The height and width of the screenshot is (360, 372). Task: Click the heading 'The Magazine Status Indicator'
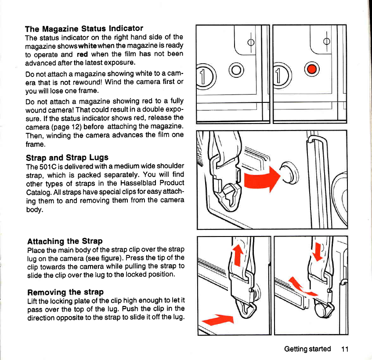(84, 29)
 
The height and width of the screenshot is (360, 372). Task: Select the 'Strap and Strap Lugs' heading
(67, 158)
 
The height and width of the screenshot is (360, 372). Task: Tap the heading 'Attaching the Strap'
(65, 241)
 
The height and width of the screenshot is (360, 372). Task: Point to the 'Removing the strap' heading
(65, 292)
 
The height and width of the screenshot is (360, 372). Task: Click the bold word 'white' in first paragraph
(87, 46)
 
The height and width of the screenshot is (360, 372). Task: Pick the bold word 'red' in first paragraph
(82, 55)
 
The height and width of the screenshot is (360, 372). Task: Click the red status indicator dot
(312, 69)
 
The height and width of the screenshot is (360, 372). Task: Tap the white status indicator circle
(236, 70)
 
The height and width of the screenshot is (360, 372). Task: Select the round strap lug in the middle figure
(289, 173)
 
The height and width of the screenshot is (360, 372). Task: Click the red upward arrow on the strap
(238, 255)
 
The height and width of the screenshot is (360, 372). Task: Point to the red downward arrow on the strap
(318, 252)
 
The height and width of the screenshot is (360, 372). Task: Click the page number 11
(345, 349)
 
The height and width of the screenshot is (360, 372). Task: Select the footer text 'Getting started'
(307, 349)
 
